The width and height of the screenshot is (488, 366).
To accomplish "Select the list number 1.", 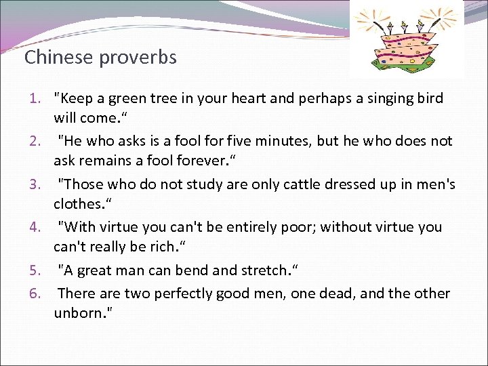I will point(39,98).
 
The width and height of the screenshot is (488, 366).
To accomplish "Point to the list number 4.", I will point(39,227).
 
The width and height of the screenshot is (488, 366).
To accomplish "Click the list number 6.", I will point(39,293).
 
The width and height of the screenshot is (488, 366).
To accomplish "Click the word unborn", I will point(81,314).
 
